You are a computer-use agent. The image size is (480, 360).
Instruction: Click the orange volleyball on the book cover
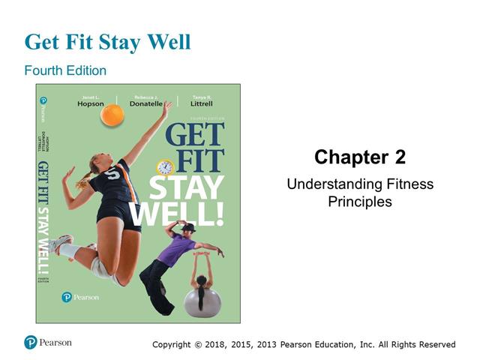click(112, 115)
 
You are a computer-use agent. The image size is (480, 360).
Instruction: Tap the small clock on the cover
click(165, 167)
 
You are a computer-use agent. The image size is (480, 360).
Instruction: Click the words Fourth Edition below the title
click(65, 70)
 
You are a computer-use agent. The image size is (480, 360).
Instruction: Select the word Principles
click(360, 202)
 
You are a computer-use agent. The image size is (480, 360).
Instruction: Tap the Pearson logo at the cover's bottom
click(80, 296)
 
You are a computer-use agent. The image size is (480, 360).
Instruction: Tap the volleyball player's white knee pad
click(99, 267)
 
